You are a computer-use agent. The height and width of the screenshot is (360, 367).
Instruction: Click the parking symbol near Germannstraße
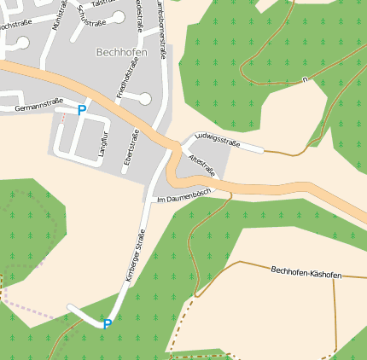coord(82,110)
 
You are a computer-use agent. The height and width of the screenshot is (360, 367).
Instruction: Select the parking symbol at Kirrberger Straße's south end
coord(108,324)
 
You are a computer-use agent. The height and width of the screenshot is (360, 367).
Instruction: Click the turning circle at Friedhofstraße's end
coord(145,99)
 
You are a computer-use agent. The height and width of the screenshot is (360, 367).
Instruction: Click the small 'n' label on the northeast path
coord(305,79)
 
